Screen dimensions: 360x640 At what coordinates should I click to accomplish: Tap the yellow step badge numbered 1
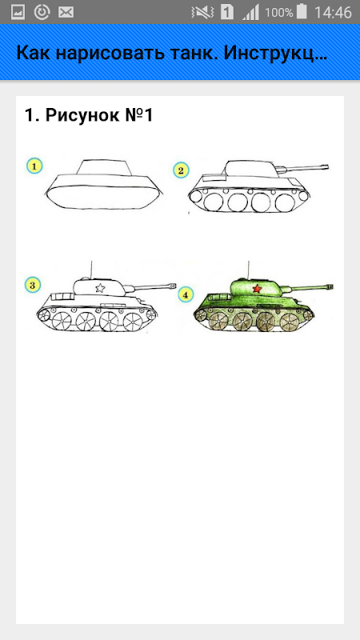[34, 166]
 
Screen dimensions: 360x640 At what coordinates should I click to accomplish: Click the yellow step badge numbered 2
[181, 170]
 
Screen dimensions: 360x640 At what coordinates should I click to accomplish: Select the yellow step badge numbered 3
[33, 285]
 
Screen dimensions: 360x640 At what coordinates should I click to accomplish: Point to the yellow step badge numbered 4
[186, 294]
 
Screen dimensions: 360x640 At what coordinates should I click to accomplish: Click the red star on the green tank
[257, 289]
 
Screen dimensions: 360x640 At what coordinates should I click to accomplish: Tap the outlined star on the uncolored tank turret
[99, 288]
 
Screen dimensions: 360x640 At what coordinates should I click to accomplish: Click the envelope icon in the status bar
[66, 13]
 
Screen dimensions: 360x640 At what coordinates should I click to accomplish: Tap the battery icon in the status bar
[302, 12]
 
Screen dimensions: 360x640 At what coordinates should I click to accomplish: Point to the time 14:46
[333, 13]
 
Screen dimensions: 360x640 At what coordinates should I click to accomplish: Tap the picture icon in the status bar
[18, 13]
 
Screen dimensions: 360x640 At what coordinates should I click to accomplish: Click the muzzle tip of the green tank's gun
[332, 286]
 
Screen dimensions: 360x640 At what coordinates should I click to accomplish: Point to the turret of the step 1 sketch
[105, 168]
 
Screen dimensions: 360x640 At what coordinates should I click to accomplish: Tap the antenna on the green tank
[250, 270]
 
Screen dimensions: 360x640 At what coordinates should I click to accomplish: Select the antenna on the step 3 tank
[91, 270]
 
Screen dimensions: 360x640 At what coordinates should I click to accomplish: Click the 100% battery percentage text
[279, 13]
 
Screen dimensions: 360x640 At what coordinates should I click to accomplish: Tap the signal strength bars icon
[250, 13]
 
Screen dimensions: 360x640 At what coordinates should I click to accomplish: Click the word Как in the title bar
[33, 54]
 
